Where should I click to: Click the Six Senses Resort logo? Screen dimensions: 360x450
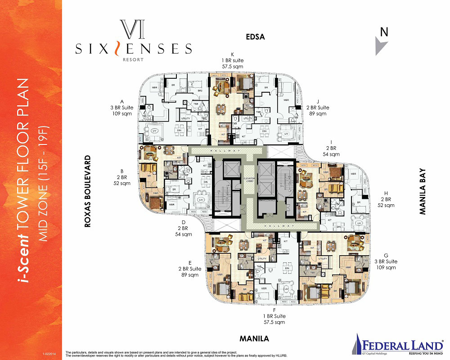pos(134,43)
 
